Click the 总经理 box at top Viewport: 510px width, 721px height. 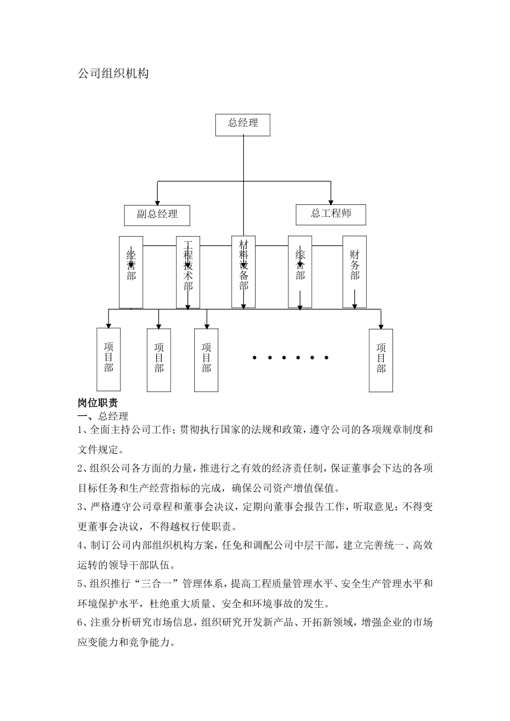tap(242, 124)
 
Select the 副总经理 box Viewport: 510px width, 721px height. tap(157, 215)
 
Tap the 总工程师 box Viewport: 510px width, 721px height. tap(331, 214)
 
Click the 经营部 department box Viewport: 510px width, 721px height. tap(131, 272)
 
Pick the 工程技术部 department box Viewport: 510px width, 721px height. tap(188, 272)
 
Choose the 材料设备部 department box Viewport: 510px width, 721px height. tap(243, 271)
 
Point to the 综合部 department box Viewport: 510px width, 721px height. tap(300, 271)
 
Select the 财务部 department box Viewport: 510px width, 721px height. tap(354, 271)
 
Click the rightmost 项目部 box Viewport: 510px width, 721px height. tap(381, 359)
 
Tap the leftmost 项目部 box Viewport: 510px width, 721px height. tap(108, 359)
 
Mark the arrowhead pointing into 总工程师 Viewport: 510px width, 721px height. tap(331, 201)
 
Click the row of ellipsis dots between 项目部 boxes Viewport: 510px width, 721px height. tap(289, 357)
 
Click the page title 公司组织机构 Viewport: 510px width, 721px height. tap(113, 74)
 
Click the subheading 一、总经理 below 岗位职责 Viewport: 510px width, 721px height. tap(103, 416)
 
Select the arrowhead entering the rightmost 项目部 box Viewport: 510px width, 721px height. tap(381, 326)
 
